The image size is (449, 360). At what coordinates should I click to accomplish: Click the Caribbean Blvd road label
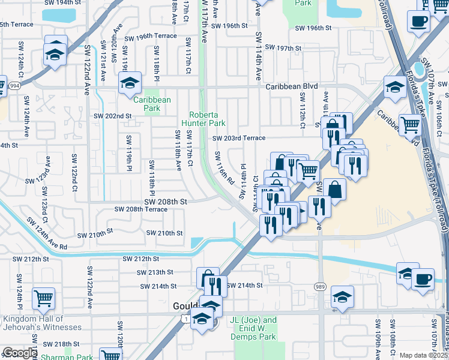[292, 86]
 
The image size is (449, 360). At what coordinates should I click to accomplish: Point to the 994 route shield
[14, 86]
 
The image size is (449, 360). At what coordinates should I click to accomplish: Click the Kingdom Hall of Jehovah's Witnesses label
[42, 323]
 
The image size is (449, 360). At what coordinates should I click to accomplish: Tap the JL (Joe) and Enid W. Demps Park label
[254, 328]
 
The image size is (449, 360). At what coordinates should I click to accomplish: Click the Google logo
[19, 353]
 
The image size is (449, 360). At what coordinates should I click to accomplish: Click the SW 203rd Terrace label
[238, 138]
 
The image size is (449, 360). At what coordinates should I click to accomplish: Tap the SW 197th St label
[282, 47]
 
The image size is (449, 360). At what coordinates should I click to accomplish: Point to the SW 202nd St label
[112, 116]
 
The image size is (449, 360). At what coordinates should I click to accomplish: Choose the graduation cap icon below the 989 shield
[342, 296]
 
